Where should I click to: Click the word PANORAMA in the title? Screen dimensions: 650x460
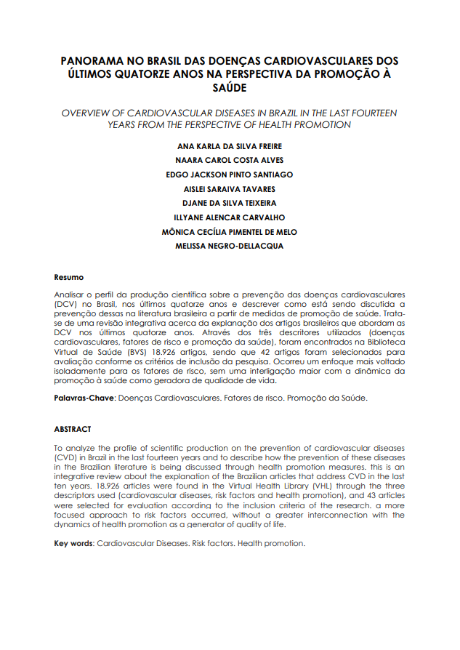pos(90,61)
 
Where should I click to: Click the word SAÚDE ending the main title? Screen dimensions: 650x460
pos(230,88)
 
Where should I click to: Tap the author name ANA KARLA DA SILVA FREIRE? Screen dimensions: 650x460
pos(230,147)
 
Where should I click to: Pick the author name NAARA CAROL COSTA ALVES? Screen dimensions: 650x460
pos(230,161)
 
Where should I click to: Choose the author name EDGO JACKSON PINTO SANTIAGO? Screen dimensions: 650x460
pos(230,174)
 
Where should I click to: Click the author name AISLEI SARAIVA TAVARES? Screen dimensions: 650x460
pos(230,189)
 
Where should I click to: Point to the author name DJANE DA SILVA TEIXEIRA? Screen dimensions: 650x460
pos(230,203)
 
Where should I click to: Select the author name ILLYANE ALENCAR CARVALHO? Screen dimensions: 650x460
pos(230,217)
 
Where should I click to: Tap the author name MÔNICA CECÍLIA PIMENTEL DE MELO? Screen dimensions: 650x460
pos(230,232)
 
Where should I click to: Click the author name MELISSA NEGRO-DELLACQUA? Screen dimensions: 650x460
pos(230,246)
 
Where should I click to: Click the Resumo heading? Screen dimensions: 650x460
pos(69,277)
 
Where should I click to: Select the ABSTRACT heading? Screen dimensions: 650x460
pos(73,429)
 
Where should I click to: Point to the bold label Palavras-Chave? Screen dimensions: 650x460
pos(84,398)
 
